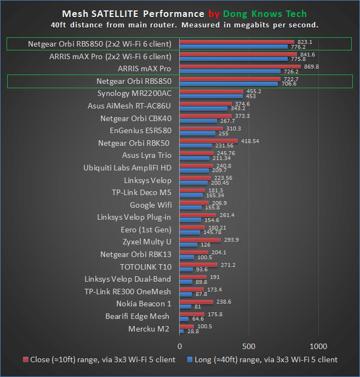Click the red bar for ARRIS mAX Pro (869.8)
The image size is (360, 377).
240,66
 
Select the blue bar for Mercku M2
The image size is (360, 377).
181,332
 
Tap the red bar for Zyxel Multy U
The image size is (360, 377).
199,239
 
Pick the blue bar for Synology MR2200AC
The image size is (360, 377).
211,96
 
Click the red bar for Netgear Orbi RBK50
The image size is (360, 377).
208,141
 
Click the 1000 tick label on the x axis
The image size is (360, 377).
318,346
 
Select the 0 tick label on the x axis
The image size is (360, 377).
180,346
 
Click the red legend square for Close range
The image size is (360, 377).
25,360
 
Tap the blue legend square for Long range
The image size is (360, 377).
190,360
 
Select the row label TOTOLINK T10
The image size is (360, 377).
146,267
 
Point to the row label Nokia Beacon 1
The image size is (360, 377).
144,304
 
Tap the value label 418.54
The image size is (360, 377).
249,141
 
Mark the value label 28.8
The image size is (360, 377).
193,332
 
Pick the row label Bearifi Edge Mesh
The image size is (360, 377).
138,316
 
